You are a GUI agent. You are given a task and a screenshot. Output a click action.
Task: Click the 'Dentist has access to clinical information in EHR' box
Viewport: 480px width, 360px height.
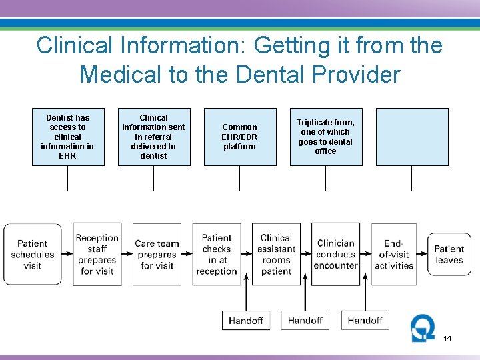[67, 137]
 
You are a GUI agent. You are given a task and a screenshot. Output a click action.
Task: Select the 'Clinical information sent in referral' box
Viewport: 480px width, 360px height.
[153, 137]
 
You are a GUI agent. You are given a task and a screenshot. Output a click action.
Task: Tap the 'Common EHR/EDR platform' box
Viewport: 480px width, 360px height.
[239, 137]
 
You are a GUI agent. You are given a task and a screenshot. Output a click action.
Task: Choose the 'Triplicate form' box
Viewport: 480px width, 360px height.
[325, 137]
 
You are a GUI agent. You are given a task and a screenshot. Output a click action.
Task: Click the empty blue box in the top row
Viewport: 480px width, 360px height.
[411, 137]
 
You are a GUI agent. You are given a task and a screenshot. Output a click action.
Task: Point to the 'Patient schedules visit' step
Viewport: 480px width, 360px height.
[33, 254]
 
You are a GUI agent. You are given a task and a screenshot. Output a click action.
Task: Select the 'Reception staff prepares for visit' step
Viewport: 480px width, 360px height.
[97, 254]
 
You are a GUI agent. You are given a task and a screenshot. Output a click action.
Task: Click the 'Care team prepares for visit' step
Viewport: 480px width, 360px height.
[157, 254]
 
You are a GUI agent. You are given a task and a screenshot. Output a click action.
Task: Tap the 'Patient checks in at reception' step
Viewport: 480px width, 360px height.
[217, 254]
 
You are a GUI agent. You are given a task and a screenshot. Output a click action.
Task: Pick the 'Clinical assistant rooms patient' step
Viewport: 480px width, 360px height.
[276, 254]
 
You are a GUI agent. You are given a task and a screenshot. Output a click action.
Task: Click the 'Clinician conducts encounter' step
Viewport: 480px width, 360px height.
[335, 254]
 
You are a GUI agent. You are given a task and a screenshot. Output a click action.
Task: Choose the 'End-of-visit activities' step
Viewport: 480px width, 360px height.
[394, 254]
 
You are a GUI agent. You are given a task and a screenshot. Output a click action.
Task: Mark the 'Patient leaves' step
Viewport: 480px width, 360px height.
[449, 254]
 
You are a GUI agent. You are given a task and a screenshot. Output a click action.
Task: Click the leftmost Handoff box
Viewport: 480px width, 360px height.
[246, 321]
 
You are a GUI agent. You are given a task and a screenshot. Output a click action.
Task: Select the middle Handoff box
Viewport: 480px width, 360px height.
[305, 321]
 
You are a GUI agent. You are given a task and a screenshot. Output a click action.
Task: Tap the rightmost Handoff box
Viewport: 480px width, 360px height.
[365, 321]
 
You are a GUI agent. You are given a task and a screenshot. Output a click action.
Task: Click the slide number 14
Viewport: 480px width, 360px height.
[447, 339]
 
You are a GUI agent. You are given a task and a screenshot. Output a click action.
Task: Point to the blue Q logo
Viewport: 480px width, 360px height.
[423, 327]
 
